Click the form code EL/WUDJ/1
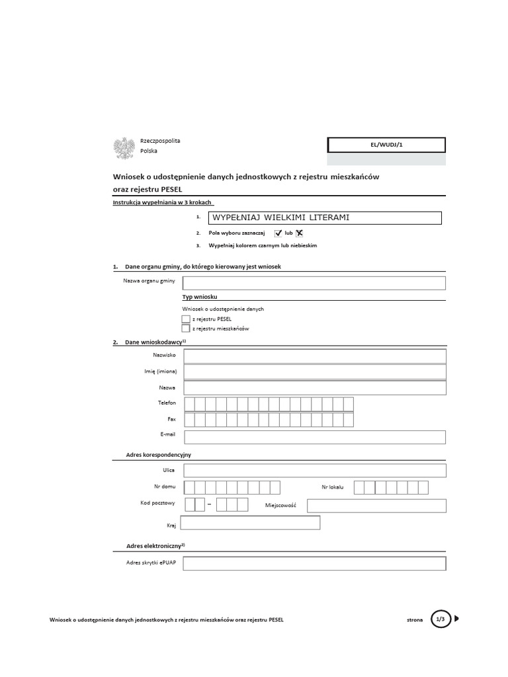pyautogui.click(x=386, y=145)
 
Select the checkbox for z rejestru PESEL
pyautogui.click(x=185, y=319)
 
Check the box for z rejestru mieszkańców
pyautogui.click(x=185, y=328)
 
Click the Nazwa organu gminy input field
pyautogui.click(x=315, y=283)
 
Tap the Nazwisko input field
pyautogui.click(x=315, y=356)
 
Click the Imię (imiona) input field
pyautogui.click(x=315, y=372)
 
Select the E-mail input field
pyautogui.click(x=315, y=437)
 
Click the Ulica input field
pyautogui.click(x=315, y=470)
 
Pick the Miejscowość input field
pyautogui.click(x=376, y=506)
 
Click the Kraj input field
pyautogui.click(x=250, y=523)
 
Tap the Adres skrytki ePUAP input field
pyautogui.click(x=315, y=563)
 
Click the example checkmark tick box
pyautogui.click(x=278, y=233)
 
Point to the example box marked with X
pyautogui.click(x=300, y=233)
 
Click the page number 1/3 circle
pyautogui.click(x=440, y=619)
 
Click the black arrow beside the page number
pyautogui.click(x=457, y=619)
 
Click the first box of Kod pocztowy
pyautogui.click(x=190, y=505)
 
